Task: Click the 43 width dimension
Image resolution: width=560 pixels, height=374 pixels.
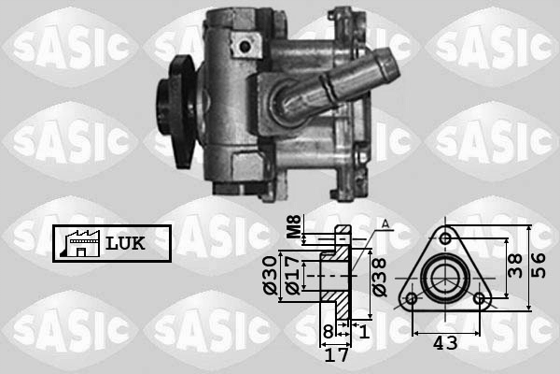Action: [445, 343]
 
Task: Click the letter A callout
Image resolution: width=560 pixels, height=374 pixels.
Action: [385, 222]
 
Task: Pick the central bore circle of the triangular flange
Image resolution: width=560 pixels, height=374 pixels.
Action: [445, 278]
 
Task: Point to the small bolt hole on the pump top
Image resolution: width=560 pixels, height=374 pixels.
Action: [245, 44]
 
